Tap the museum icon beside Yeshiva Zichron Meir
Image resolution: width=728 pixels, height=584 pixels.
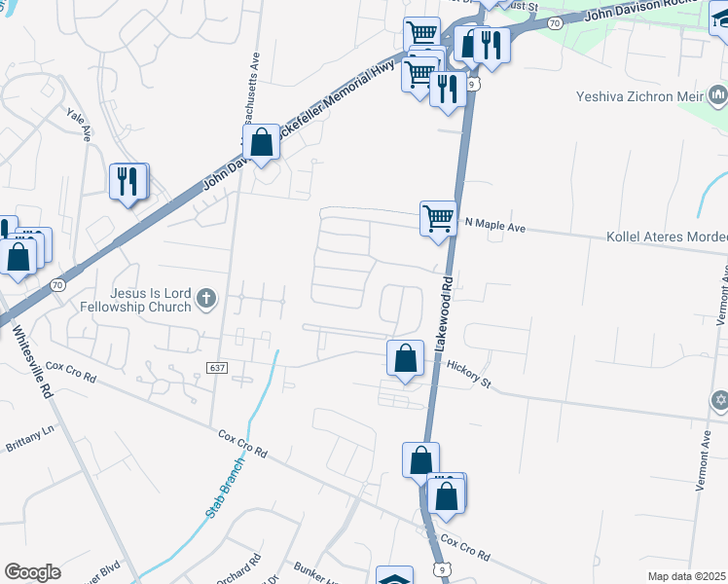(x=718, y=94)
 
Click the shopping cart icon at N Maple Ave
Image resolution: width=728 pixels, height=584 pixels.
(x=438, y=217)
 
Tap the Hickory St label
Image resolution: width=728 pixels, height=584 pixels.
(x=469, y=373)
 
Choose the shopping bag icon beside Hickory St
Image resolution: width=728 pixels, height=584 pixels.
(x=405, y=357)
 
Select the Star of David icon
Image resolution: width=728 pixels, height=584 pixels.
(x=720, y=400)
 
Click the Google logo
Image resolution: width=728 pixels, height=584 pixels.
(x=32, y=572)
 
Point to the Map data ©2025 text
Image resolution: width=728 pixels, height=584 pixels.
(x=686, y=576)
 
